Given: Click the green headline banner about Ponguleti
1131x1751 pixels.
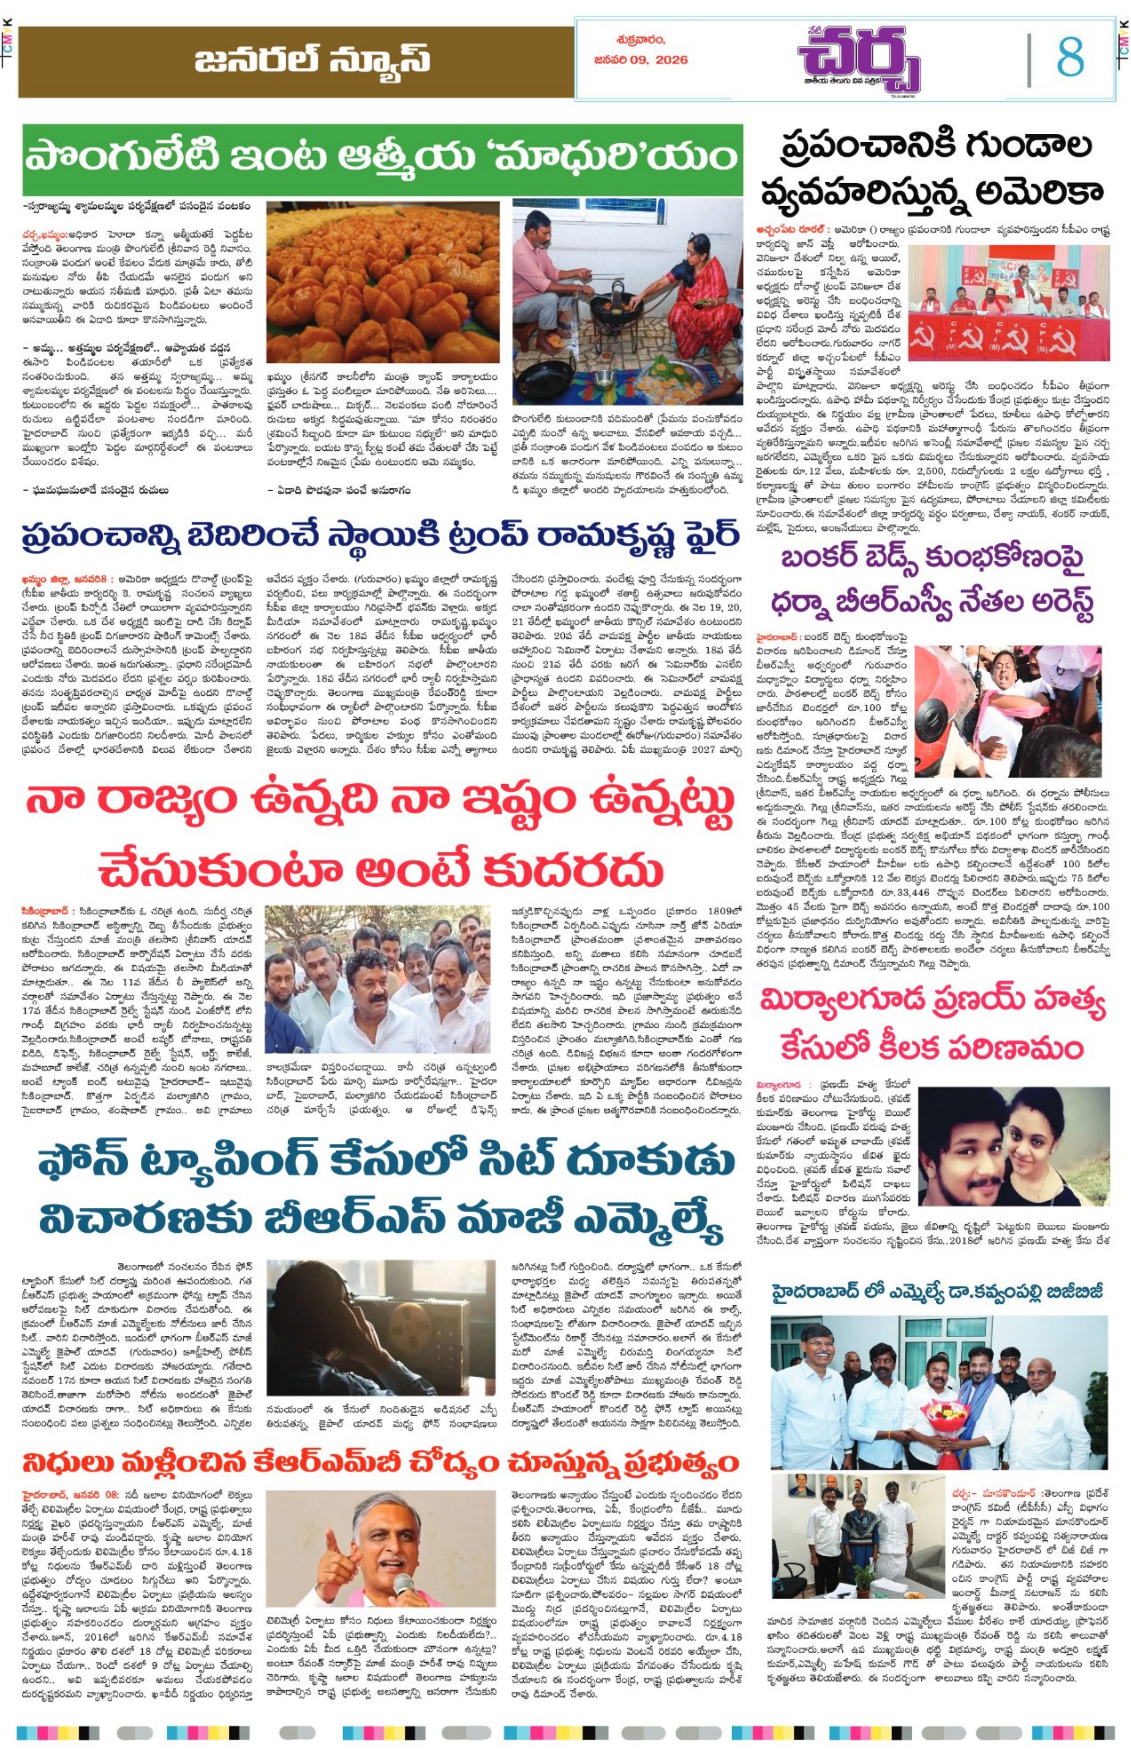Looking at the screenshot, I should (x=382, y=159).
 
